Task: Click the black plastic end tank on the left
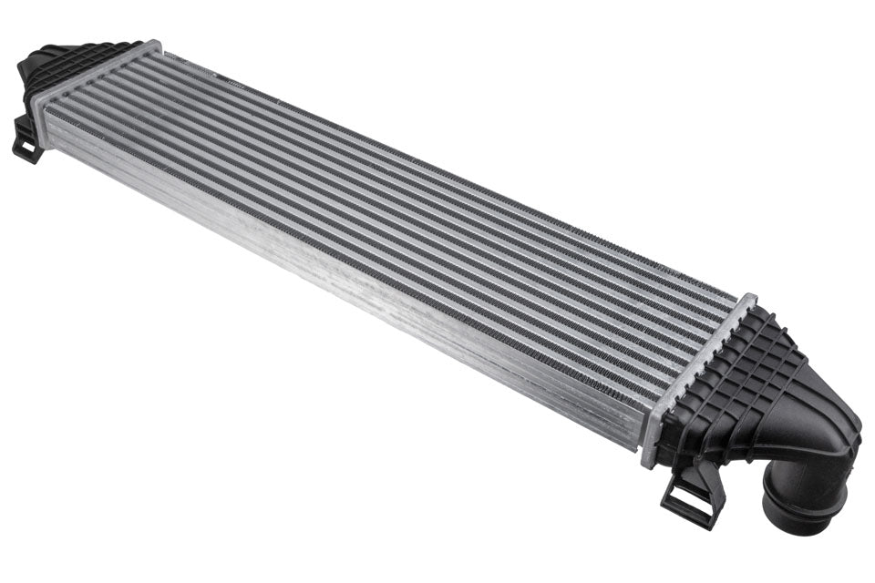(x=64, y=68)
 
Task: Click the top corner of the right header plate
(x=749, y=297)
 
